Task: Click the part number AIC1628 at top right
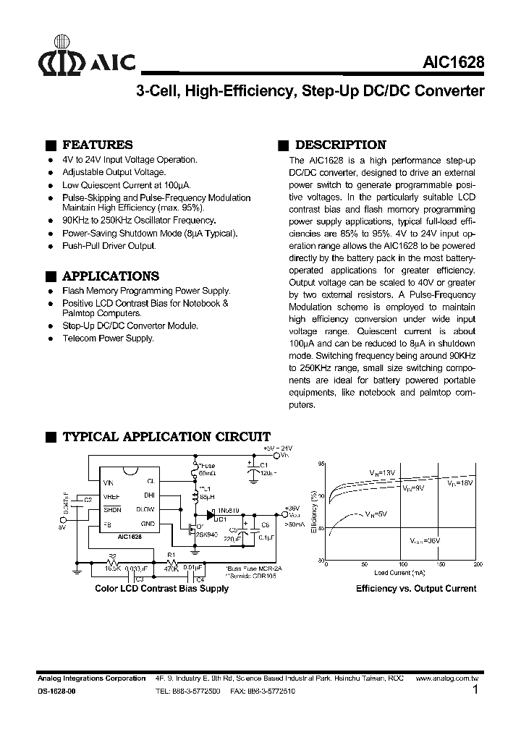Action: (x=454, y=63)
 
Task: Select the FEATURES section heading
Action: (x=98, y=145)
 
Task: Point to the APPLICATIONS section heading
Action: (x=111, y=276)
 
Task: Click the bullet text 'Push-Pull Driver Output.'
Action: (x=109, y=247)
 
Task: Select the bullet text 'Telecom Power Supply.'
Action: (x=108, y=338)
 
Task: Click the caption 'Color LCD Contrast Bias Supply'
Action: (x=162, y=589)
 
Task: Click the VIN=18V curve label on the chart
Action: (x=459, y=482)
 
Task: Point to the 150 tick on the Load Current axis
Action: (x=440, y=564)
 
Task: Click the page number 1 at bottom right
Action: (x=475, y=690)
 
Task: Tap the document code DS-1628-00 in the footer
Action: (x=56, y=691)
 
